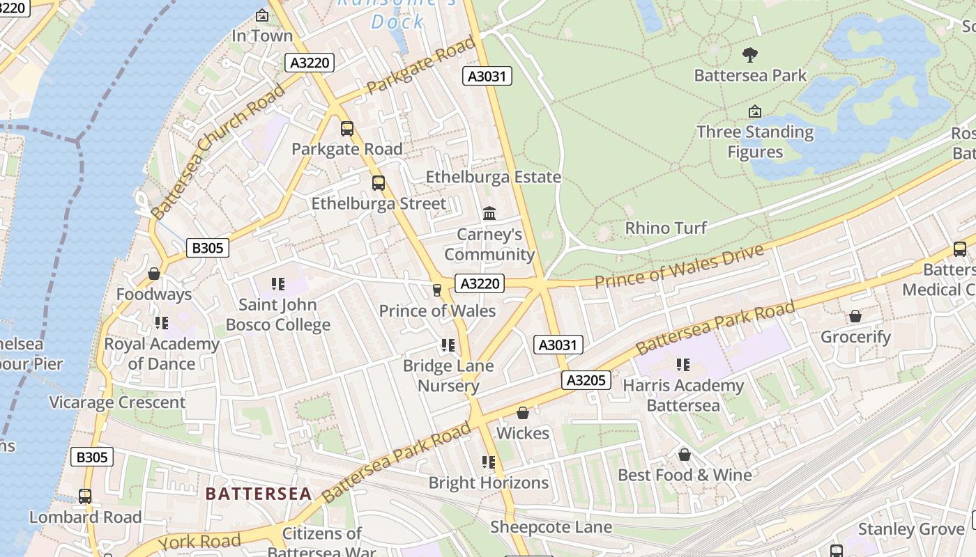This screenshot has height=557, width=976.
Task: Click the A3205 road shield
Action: (586, 380)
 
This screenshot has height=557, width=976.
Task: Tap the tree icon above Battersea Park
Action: (750, 54)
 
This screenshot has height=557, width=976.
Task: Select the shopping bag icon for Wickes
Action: (523, 413)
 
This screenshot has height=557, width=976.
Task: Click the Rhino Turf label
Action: (665, 228)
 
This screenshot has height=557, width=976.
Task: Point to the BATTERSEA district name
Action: (258, 494)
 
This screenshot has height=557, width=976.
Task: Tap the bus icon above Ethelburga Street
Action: (378, 183)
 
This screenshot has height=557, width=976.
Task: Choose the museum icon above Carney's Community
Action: (489, 213)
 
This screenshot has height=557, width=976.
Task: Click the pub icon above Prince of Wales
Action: (437, 290)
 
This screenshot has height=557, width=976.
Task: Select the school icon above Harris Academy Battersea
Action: (683, 364)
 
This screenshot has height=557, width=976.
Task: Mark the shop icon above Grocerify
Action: (855, 316)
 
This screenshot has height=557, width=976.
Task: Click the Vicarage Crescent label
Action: (117, 402)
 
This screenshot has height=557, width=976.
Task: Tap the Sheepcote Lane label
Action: (551, 527)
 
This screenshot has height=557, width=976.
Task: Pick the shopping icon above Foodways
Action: (154, 274)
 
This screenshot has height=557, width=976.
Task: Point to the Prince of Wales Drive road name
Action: (680, 266)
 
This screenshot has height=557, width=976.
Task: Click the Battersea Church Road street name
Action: (218, 150)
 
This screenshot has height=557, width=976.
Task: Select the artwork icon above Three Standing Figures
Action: (754, 111)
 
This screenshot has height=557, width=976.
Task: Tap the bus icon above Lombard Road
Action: (85, 496)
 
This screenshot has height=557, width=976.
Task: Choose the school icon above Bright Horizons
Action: (489, 462)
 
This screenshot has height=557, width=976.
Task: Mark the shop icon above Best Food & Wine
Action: (685, 455)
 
